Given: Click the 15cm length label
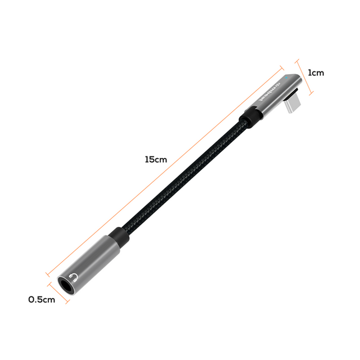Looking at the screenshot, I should pos(156,159).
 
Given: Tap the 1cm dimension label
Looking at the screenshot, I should pos(316,73).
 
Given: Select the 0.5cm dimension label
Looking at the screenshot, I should pos(42,299).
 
